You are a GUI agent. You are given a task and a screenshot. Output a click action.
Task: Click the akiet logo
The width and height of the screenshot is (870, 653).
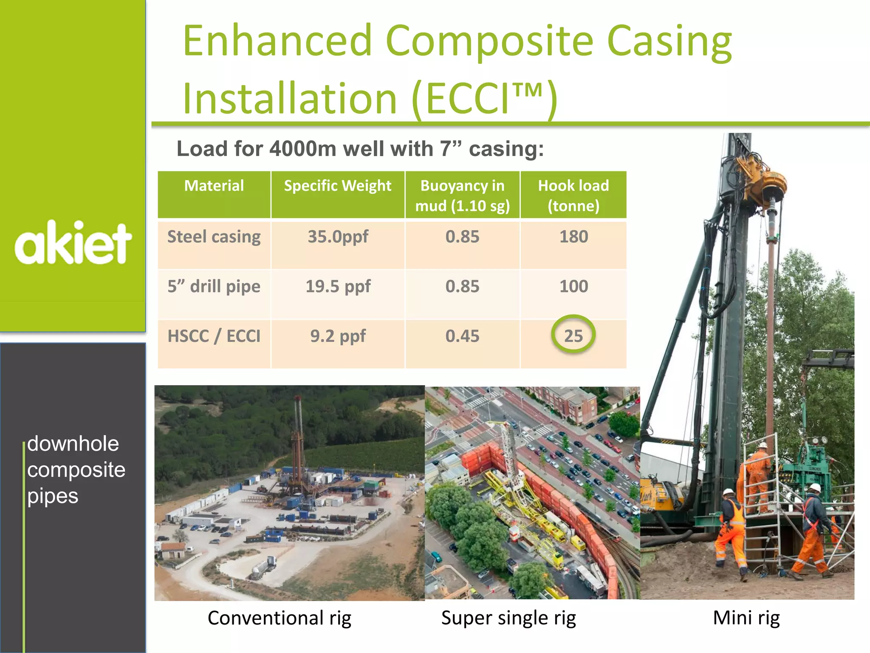click(x=73, y=243)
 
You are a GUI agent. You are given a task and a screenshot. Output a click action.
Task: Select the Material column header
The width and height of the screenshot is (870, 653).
click(x=214, y=186)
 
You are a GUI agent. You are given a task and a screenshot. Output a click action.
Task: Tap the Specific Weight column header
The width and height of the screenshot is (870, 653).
click(x=338, y=186)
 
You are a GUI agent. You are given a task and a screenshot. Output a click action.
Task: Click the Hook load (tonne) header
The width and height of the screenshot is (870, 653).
click(x=573, y=196)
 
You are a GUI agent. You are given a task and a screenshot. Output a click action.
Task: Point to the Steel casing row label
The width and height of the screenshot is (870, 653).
click(x=214, y=237)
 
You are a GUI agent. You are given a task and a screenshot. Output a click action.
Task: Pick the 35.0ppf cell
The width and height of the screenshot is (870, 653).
click(x=338, y=237)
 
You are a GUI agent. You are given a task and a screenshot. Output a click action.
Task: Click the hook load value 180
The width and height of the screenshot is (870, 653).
click(x=573, y=237)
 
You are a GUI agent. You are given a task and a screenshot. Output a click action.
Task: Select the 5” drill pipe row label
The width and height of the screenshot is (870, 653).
click(x=214, y=287)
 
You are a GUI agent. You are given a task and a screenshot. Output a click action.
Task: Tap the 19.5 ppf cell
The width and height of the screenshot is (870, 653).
click(x=338, y=287)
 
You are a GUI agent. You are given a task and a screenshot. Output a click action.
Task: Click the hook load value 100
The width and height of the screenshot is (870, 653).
click(x=573, y=287)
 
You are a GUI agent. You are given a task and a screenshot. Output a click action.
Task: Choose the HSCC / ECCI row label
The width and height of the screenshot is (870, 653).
click(x=214, y=336)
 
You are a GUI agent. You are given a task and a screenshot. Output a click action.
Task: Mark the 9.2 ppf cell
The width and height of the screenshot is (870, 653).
click(x=338, y=336)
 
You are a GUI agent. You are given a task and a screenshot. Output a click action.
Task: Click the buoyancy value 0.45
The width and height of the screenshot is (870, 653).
click(x=462, y=336)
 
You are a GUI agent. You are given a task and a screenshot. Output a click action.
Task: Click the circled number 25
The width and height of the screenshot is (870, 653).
click(x=573, y=336)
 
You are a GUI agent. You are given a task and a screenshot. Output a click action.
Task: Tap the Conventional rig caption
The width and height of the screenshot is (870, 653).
click(x=279, y=618)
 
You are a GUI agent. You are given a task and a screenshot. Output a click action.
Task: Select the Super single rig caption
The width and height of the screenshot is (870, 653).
click(x=508, y=618)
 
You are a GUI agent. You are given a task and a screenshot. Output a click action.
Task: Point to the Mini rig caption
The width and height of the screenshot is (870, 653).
click(x=746, y=618)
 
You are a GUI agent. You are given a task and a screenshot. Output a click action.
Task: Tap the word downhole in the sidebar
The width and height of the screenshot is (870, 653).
click(x=73, y=444)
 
